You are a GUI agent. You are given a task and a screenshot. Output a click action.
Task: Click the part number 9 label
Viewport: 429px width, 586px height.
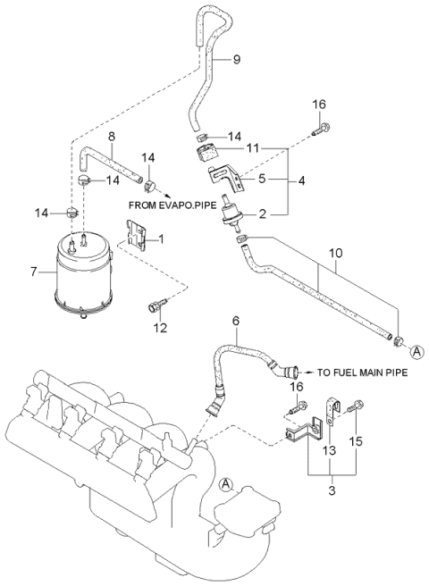237,60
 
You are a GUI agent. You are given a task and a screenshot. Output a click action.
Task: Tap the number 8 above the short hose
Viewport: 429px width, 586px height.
111,137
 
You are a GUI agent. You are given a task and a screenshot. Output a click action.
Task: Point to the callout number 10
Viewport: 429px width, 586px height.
334,266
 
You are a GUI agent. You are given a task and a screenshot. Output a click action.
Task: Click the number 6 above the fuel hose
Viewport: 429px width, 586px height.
235,320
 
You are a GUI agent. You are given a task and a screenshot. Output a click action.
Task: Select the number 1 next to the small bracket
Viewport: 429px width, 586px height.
161,239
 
